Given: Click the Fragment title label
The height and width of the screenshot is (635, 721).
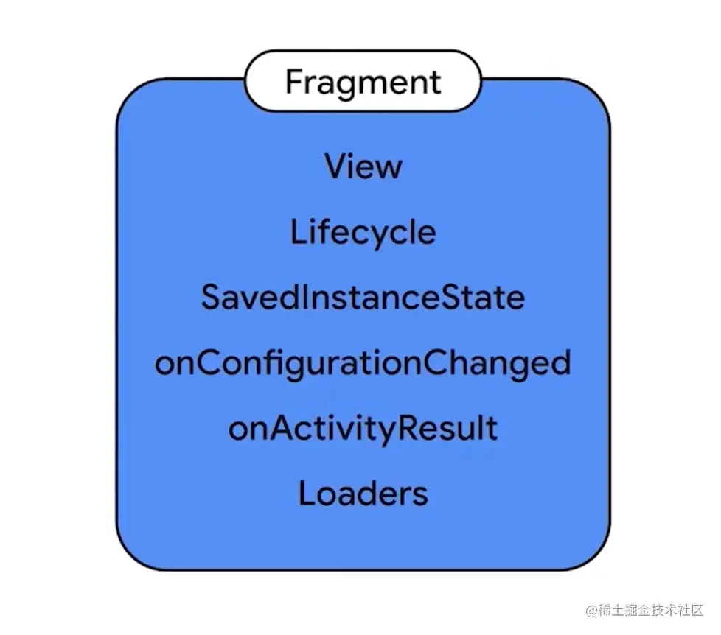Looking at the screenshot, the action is (x=363, y=82).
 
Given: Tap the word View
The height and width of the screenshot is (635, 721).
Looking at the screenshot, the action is (x=363, y=166).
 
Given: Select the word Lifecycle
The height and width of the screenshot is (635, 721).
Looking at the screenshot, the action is (x=363, y=233).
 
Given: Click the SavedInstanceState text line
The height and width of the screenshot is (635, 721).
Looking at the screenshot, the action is (x=363, y=298).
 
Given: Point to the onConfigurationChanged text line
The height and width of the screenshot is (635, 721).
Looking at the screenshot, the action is (x=363, y=364).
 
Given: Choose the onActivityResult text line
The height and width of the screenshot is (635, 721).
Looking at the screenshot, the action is (x=363, y=429).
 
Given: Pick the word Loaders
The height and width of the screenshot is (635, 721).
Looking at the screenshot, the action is (x=363, y=493).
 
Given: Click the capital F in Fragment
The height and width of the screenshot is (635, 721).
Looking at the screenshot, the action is (x=294, y=81).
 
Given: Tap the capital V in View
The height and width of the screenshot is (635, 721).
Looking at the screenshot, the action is (x=336, y=166).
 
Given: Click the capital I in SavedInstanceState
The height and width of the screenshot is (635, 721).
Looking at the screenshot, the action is (x=310, y=298).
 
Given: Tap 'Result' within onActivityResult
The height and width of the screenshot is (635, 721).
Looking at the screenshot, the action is (x=456, y=429).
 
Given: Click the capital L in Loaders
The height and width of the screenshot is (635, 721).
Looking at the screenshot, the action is (x=307, y=493).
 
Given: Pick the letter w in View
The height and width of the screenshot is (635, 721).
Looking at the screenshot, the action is (x=387, y=167).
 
